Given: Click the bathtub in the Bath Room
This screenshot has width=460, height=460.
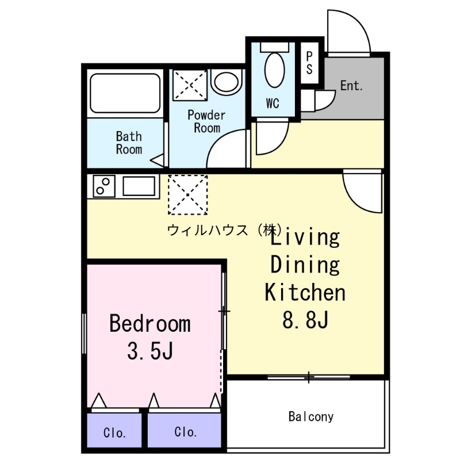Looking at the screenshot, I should pos(125,94).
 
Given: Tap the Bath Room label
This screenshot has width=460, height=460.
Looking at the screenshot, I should pos(129,143).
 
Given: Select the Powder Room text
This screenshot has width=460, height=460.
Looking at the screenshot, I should pos(206,121).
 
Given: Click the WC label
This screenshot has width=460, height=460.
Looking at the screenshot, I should pos(273,104).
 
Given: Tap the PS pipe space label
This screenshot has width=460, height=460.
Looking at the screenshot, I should pos(309,63).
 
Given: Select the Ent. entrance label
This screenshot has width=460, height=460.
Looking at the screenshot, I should pos(351,86).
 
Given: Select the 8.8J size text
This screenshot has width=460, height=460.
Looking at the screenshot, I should pos(305,320).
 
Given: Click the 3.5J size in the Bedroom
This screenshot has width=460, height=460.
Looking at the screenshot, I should pos(150,350).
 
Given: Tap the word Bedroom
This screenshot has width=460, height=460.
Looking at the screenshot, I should pos(149,324).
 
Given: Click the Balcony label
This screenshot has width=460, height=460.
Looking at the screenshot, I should pos(311,416).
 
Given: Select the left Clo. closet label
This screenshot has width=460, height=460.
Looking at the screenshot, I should pos(115,432).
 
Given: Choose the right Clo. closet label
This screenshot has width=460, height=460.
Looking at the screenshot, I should pos(186,432).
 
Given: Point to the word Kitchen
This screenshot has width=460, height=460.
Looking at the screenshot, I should pos(305,292).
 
